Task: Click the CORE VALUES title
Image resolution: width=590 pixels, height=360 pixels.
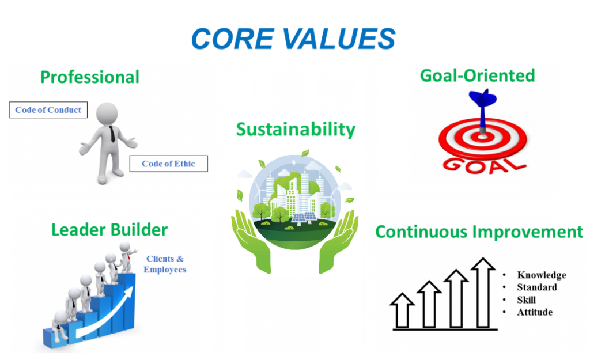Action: [x=293, y=39]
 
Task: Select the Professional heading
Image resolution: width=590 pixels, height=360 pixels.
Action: [x=89, y=77]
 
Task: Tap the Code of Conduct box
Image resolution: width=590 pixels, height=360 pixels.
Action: [x=48, y=110]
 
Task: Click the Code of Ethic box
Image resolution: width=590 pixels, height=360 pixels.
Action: [x=169, y=164]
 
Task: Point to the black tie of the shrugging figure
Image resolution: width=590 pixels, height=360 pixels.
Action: [x=112, y=134]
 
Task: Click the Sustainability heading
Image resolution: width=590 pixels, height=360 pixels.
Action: [x=296, y=130]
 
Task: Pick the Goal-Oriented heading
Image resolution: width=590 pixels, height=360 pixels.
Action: [x=477, y=75]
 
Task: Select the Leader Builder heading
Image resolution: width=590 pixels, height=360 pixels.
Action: [x=109, y=230]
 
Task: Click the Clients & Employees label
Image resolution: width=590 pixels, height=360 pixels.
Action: [x=165, y=264]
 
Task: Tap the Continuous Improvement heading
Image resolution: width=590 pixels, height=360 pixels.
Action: [x=479, y=232]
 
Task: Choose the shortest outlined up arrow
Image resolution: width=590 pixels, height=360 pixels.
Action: [x=402, y=310]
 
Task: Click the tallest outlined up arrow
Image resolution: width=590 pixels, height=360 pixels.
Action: [x=483, y=293]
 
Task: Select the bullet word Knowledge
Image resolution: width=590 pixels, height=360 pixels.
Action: [x=542, y=275]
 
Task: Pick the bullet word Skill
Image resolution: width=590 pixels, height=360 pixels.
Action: [x=526, y=300]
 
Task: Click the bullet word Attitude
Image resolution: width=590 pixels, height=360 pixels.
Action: [x=535, y=312]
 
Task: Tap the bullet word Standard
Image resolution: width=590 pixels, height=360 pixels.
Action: [x=537, y=287]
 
